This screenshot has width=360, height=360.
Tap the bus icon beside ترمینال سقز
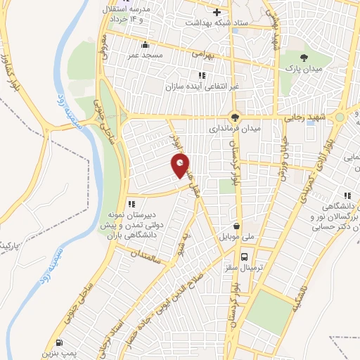pyautogui.click(x=244, y=257)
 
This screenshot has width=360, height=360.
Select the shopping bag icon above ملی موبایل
pyautogui.click(x=236, y=226)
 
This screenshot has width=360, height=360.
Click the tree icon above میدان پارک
pyautogui.click(x=304, y=58)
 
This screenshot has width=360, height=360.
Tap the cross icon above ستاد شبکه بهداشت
pyautogui.click(x=217, y=12)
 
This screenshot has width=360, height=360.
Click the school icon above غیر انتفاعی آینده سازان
pyautogui.click(x=201, y=75)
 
